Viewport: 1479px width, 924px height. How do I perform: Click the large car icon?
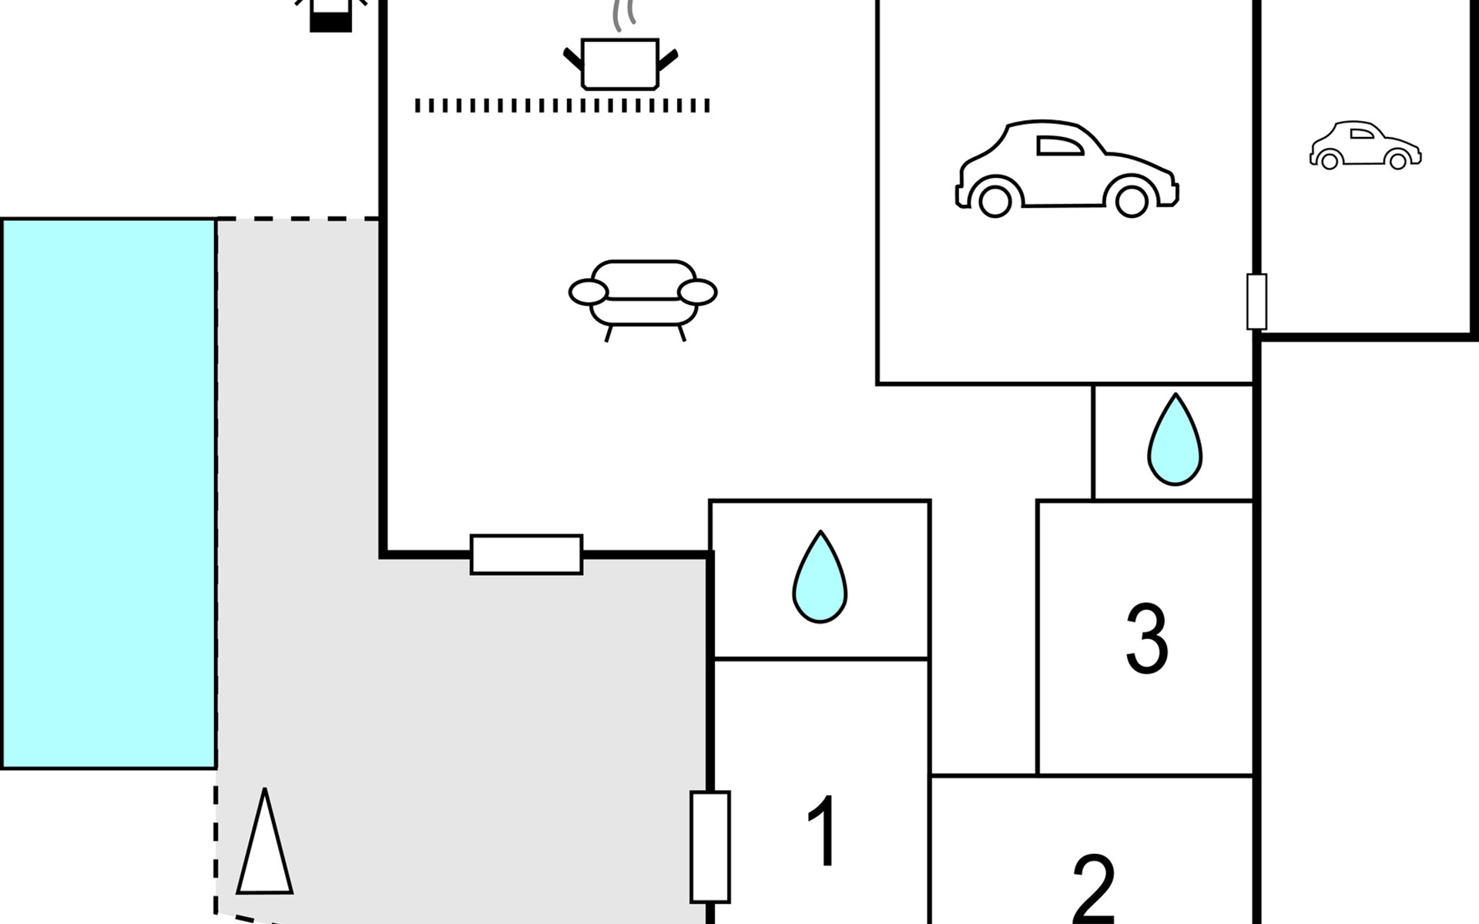[x=1067, y=169]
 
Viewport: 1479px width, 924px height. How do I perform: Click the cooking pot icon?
[x=620, y=64]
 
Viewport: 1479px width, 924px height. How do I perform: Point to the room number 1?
[x=823, y=832]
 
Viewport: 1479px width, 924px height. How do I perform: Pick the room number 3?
[x=1147, y=638]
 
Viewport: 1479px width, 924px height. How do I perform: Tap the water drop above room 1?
[x=820, y=577]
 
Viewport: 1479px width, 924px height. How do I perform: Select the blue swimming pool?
[x=109, y=493]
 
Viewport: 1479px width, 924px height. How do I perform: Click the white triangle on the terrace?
[x=264, y=847]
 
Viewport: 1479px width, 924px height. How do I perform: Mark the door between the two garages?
[x=1256, y=301]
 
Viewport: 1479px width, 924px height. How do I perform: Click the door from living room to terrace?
[x=526, y=554]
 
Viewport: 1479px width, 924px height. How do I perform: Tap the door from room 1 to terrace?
[x=709, y=846]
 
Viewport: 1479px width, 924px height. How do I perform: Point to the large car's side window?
[x=1059, y=146]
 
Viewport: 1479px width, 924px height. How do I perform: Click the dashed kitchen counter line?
[x=562, y=105]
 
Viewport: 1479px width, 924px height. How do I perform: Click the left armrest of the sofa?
[x=589, y=293]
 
